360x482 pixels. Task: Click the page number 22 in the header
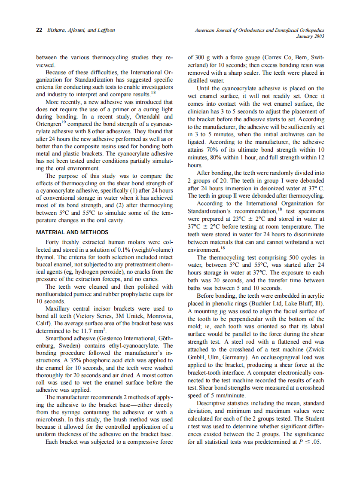click(38, 31)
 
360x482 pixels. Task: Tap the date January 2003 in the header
click(311, 36)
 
